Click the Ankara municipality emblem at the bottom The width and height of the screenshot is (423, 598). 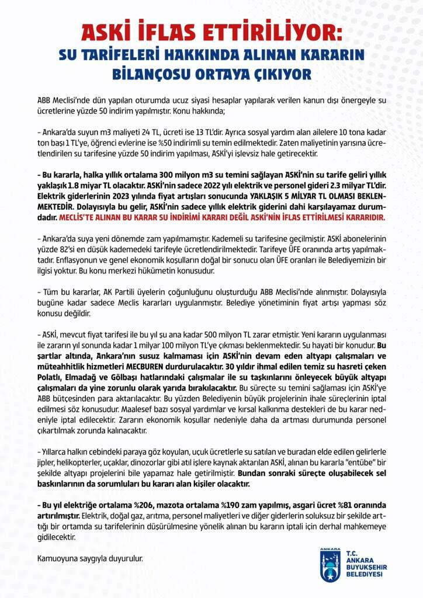point(330,565)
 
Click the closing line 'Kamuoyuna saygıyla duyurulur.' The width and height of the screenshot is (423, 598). point(89,558)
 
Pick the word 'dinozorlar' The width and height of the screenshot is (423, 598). point(144,460)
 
